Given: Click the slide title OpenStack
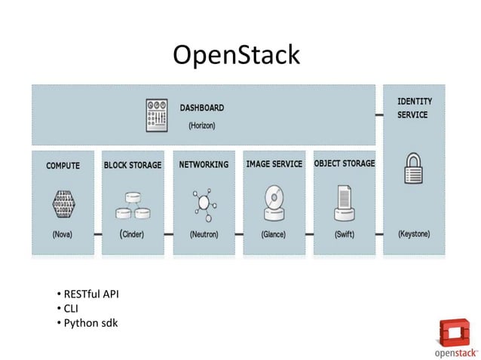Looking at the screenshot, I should click(236, 55).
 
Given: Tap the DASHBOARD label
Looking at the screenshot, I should click(201, 108).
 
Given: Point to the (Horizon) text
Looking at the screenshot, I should click(201, 126).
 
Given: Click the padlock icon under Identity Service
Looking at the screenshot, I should click(413, 169).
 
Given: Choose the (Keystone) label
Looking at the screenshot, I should click(414, 234).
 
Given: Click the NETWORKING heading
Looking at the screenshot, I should click(204, 165).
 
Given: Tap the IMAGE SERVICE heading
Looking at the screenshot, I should click(274, 164).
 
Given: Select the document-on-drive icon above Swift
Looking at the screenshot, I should click(344, 202).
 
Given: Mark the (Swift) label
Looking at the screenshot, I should click(345, 234).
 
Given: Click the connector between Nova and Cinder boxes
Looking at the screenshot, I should click(97, 234).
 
